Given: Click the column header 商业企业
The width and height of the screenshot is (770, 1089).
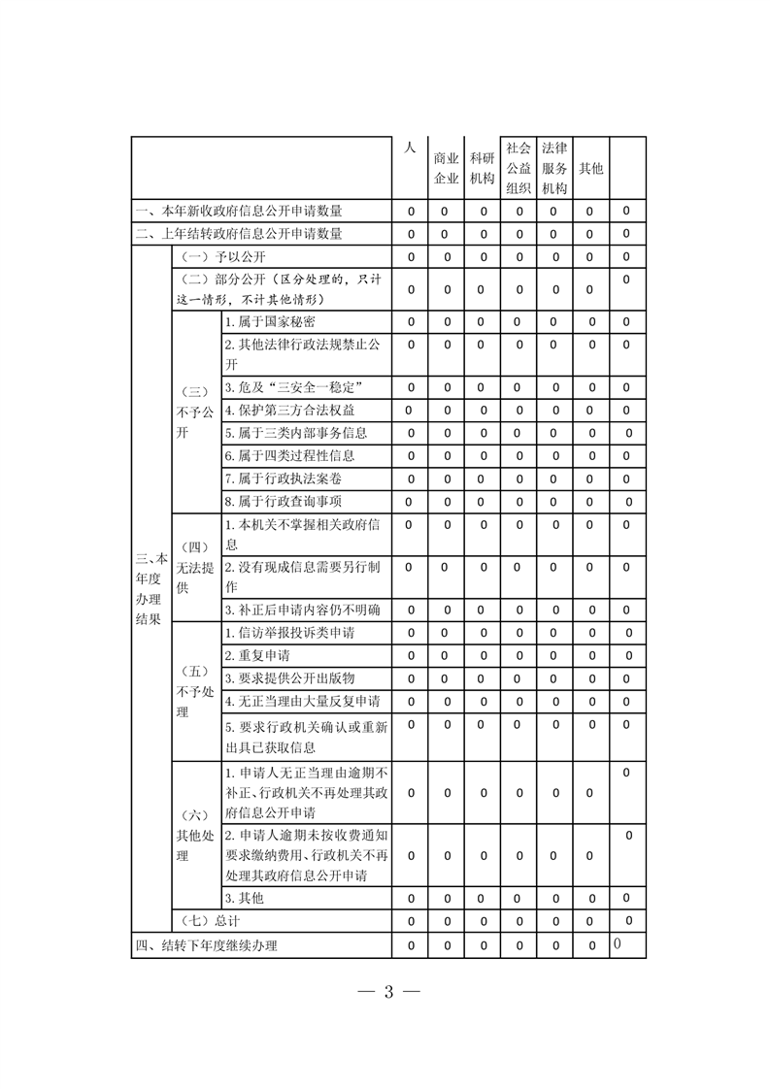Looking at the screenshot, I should click(446, 168).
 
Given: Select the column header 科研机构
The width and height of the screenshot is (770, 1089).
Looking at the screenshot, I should click(482, 168).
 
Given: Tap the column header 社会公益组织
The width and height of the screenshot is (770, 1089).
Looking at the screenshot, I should click(519, 168).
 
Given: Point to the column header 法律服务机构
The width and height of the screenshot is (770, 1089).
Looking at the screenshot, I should click(554, 168).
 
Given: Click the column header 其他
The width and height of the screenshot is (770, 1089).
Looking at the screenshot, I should click(590, 168).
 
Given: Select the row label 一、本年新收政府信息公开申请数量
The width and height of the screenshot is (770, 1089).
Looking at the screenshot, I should click(239, 211).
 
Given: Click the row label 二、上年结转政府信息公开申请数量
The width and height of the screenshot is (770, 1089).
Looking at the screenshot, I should click(239, 234).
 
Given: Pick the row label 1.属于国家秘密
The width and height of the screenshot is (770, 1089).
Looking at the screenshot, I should click(269, 321).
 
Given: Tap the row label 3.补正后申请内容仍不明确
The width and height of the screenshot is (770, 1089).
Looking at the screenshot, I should click(302, 610).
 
